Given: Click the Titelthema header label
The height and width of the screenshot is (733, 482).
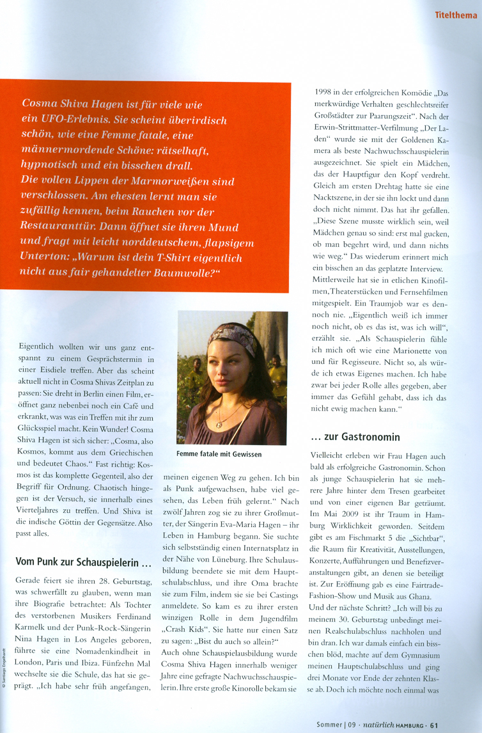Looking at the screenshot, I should point(456,14).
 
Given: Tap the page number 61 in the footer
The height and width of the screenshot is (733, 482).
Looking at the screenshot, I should point(434,725).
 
